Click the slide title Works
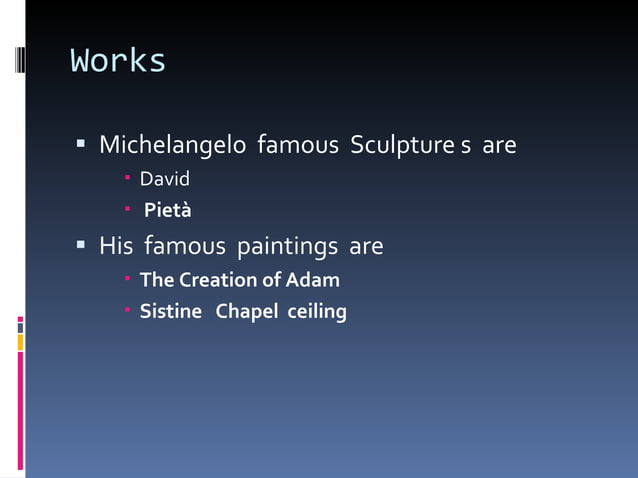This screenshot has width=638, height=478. (118, 61)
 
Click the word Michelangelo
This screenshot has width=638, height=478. (172, 146)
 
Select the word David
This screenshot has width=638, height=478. (164, 180)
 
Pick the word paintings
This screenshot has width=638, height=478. (288, 245)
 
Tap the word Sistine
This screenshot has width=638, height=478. (170, 312)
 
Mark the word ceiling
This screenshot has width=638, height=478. (317, 312)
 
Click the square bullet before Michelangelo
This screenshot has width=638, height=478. (81, 146)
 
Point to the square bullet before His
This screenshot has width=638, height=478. (81, 245)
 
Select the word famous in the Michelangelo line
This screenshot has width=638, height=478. (298, 146)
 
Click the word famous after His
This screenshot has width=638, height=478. (184, 245)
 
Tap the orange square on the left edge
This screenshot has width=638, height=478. (20, 342)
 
